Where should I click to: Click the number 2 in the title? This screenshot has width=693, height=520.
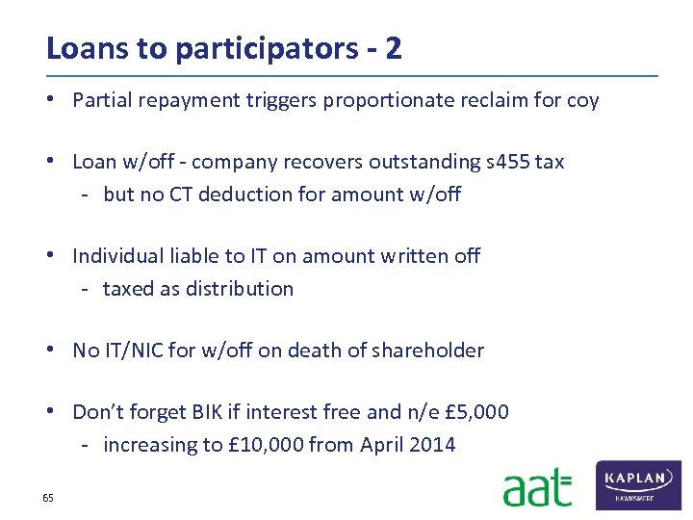[393, 48]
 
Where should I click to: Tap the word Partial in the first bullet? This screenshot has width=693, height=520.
[102, 100]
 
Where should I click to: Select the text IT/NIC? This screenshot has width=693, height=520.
[134, 351]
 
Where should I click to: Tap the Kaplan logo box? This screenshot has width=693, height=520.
[639, 484]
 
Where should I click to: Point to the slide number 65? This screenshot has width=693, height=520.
[47, 498]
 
